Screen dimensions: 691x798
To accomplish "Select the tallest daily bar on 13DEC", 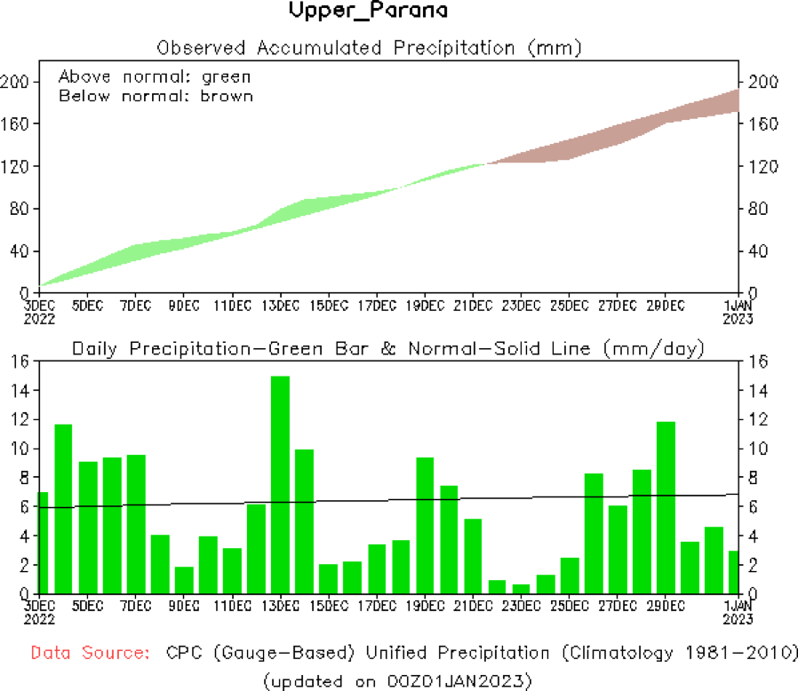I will click(280, 484).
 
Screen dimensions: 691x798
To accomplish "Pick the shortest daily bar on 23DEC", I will click(522, 589).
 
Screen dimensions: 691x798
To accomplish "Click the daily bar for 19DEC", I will click(426, 525).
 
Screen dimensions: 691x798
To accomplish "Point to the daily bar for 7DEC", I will click(136, 524).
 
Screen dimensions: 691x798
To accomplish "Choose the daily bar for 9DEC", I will click(184, 580).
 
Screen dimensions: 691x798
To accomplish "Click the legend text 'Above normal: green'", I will click(155, 76).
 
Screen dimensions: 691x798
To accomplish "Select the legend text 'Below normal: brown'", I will click(156, 96).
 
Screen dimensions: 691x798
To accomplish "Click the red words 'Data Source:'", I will click(90, 654).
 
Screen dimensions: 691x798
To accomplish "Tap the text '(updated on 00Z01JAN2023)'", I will click(397, 680).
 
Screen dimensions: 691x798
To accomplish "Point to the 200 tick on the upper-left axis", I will click(20, 82).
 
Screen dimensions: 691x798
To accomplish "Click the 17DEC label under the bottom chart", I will click(377, 607).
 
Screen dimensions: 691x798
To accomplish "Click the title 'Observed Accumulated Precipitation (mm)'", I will click(369, 47).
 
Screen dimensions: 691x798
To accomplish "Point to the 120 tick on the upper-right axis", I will click(762, 166).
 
